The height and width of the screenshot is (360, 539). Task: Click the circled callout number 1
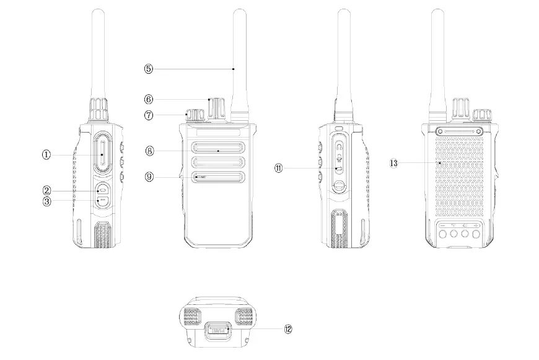[x=46, y=156]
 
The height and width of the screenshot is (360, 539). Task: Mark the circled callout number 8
[x=149, y=151]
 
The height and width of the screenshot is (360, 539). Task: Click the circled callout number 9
[x=149, y=177]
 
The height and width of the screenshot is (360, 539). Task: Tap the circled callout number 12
[x=287, y=329]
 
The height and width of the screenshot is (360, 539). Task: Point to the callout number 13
[x=393, y=163]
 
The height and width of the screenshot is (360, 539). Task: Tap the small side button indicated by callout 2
[x=102, y=190]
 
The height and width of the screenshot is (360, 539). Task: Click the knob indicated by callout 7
[x=195, y=116]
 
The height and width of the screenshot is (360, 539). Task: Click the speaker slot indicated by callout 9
[x=216, y=178]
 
